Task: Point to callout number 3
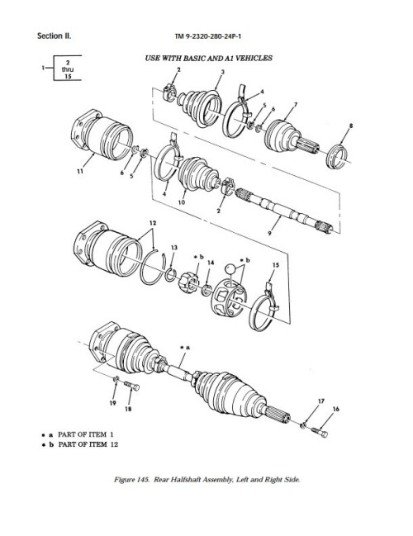[x=221, y=73]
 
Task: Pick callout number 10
[x=180, y=201]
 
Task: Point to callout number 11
[x=78, y=171]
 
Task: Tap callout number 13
[x=173, y=247]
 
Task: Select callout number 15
[x=276, y=264]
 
